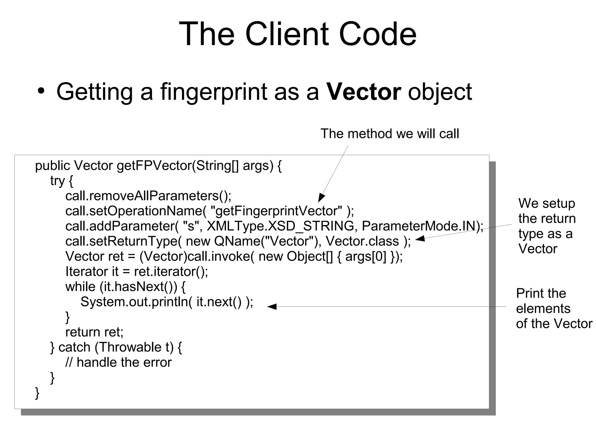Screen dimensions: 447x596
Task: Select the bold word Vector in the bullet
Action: coord(363,92)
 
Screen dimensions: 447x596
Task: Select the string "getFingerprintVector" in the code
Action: coord(276,211)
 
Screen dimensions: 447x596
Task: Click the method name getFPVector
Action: coord(154,166)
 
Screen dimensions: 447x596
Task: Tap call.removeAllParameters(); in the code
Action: coord(148,196)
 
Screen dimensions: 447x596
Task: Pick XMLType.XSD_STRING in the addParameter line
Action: coord(280,226)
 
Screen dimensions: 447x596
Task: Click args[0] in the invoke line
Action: coord(366,256)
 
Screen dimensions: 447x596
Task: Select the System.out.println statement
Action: coord(167,302)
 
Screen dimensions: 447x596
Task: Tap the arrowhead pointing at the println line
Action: coord(271,306)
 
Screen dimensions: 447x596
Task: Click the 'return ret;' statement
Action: coord(94,332)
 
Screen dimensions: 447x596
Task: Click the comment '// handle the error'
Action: coord(118,362)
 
